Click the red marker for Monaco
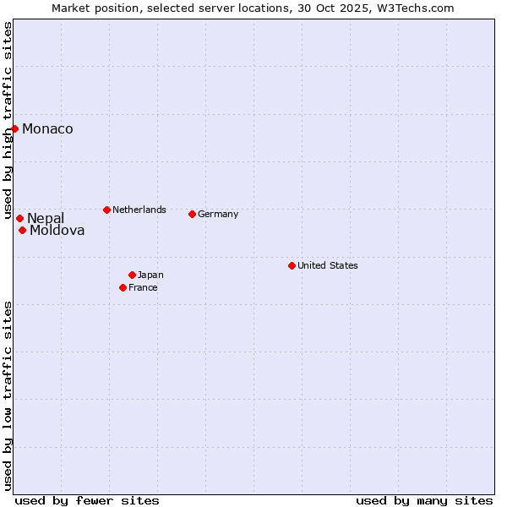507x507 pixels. pos(15,128)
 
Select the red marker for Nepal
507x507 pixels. pos(19,218)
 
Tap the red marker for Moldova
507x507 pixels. pos(23,230)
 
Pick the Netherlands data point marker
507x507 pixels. pos(106,210)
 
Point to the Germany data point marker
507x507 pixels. pos(193,214)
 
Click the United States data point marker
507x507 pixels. pos(292,265)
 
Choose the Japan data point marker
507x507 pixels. pos(133,275)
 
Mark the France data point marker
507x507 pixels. pos(123,287)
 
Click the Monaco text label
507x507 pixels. pos(47,129)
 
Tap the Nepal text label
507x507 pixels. pos(46,219)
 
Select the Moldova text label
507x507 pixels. pos(57,231)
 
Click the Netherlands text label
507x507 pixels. pos(139,210)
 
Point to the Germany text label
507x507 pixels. pos(218,214)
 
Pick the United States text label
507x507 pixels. pos(328,265)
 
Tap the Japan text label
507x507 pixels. pos(150,275)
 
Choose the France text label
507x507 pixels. pos(143,287)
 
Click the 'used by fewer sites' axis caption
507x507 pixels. pos(87,500)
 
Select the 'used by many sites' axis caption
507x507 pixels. pos(424,500)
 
